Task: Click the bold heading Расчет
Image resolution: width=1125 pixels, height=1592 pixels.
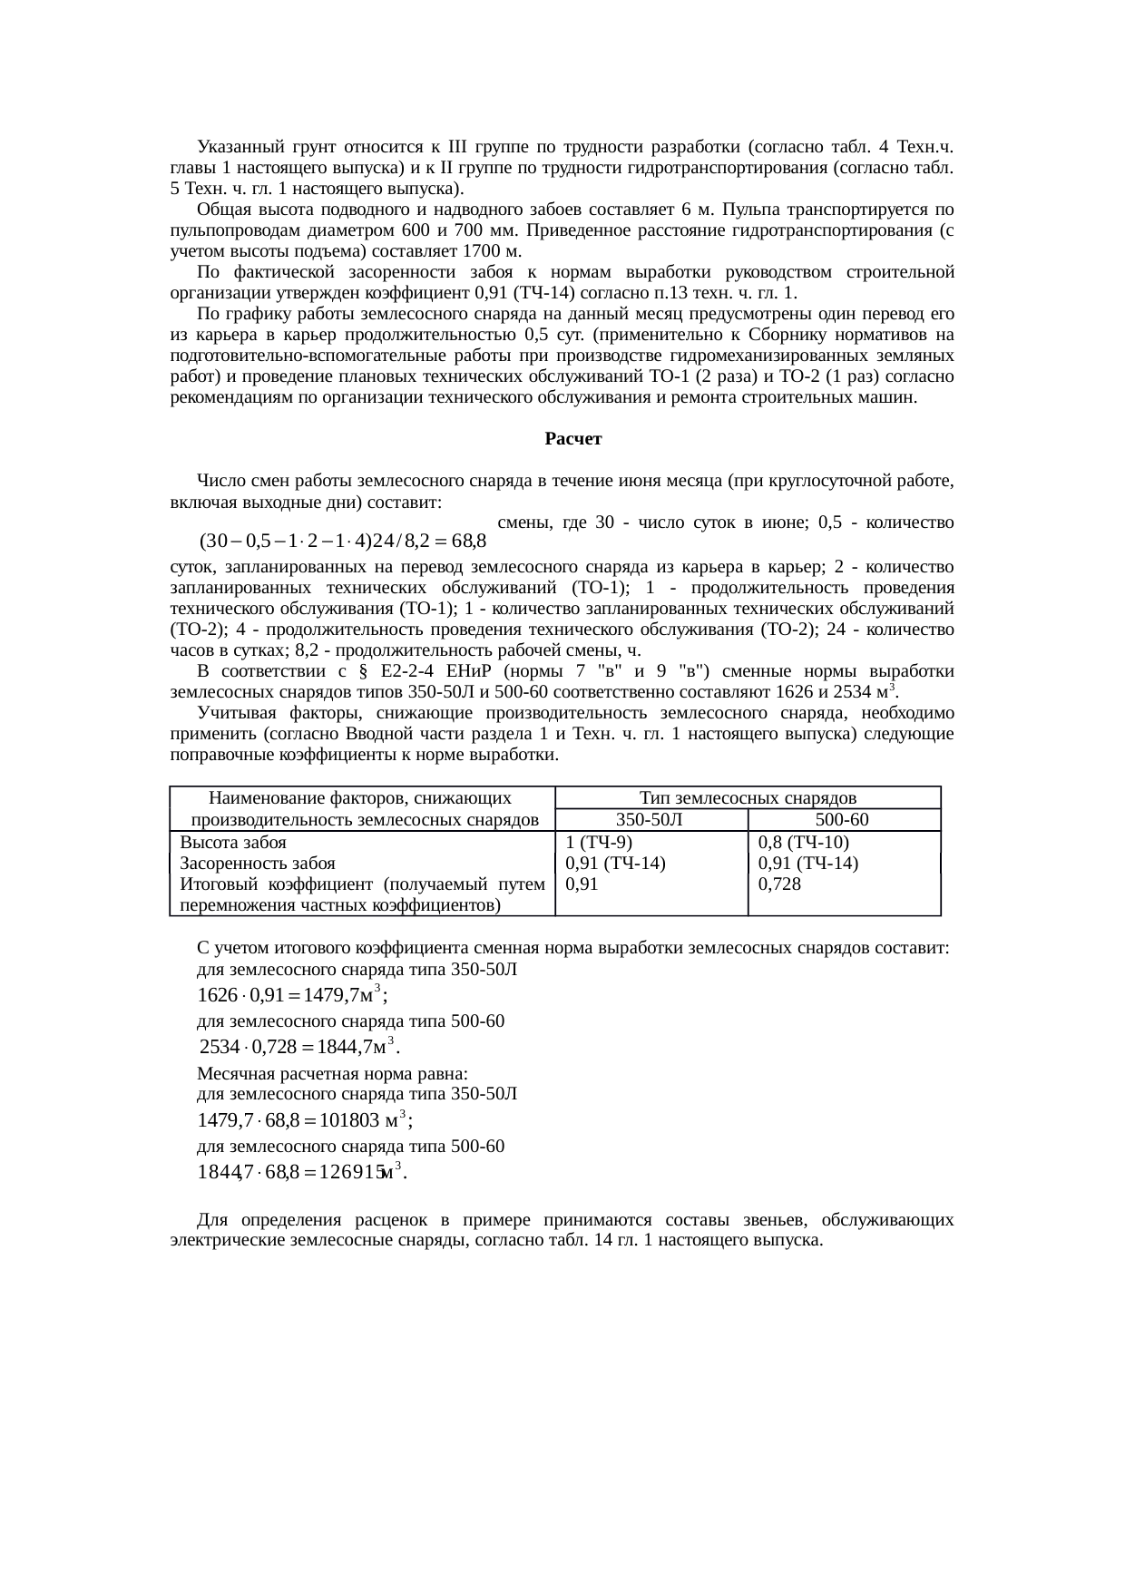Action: click(573, 439)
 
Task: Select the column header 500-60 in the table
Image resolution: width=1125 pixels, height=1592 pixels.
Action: click(843, 820)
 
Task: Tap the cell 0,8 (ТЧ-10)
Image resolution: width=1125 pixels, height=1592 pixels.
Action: click(803, 842)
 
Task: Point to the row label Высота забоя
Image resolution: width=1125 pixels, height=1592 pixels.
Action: click(233, 842)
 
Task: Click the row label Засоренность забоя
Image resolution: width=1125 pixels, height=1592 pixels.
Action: click(258, 863)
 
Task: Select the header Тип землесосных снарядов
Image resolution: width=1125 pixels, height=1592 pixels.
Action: click(748, 798)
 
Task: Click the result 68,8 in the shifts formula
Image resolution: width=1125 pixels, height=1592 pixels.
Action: click(469, 542)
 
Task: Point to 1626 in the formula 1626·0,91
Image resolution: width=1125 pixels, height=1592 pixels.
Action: click(216, 995)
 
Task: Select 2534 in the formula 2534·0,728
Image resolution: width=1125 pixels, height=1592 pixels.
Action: click(218, 1048)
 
